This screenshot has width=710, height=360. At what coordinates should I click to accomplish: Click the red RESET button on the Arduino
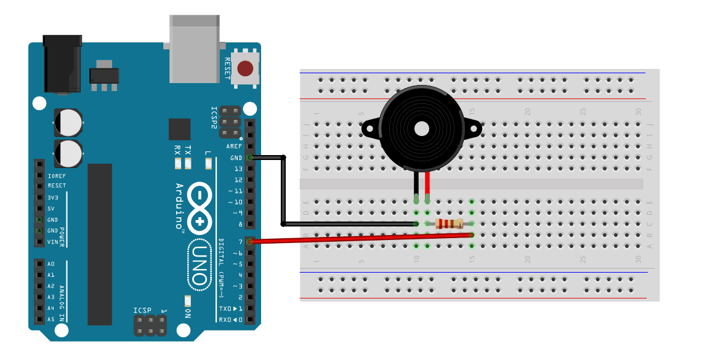[246, 68]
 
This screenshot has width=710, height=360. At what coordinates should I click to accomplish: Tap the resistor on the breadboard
[449, 223]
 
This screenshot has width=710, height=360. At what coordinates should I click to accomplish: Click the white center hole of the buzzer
[421, 129]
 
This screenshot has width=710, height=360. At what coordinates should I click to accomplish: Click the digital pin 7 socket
[250, 241]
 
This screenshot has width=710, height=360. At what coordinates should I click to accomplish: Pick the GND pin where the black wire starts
[250, 158]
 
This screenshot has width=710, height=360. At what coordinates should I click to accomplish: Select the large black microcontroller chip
[100, 244]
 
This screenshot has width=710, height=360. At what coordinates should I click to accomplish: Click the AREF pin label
[235, 146]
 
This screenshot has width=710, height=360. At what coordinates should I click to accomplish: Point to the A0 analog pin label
[52, 264]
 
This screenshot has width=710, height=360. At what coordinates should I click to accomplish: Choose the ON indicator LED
[188, 301]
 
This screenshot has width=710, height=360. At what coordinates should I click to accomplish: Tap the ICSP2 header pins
[230, 121]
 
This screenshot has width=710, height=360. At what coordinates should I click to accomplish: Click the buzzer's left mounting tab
[369, 129]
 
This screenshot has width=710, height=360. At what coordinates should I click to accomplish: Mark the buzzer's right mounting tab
[473, 129]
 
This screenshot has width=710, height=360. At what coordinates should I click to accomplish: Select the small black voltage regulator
[103, 75]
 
